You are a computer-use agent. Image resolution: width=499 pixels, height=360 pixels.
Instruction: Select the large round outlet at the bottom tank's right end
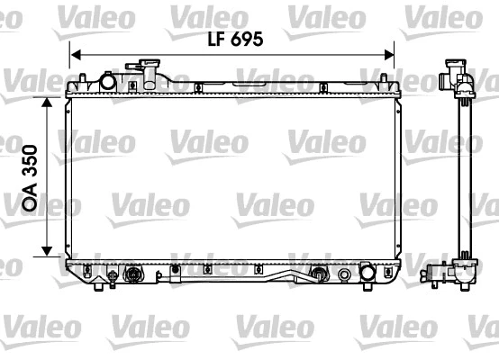pos(367,273)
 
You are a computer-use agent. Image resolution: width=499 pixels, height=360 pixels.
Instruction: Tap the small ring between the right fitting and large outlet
pos(344,274)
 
